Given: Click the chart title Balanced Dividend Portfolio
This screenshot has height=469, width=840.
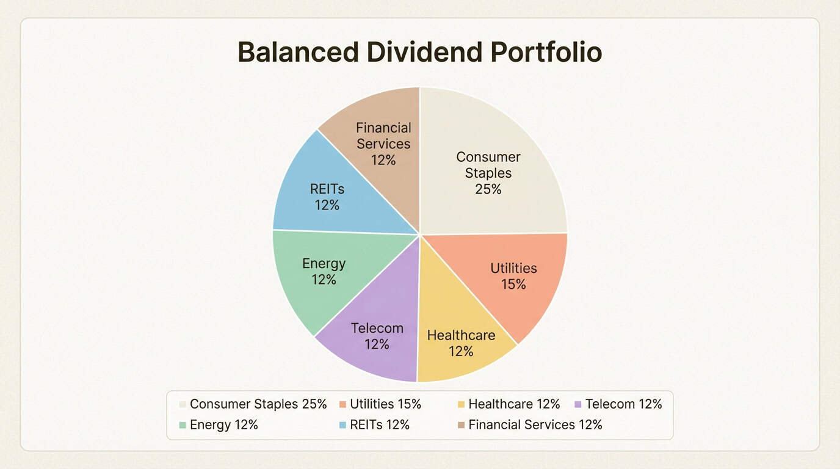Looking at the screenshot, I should (x=419, y=53).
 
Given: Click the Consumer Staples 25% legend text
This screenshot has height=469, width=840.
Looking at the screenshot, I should (x=258, y=404).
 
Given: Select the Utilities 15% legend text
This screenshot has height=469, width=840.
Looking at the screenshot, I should (x=385, y=404).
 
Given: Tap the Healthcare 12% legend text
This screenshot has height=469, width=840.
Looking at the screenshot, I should (x=514, y=404).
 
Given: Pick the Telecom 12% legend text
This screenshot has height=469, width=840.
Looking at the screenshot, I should (x=623, y=404).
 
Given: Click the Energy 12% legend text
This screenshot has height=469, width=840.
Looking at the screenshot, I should (x=224, y=425).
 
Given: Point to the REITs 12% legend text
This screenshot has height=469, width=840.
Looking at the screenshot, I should (x=380, y=425).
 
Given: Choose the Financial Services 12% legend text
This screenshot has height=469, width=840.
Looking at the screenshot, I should (x=535, y=425).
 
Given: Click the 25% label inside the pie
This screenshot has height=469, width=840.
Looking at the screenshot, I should (x=488, y=189).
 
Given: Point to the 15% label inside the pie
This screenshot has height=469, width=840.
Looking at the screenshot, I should (x=513, y=285).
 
